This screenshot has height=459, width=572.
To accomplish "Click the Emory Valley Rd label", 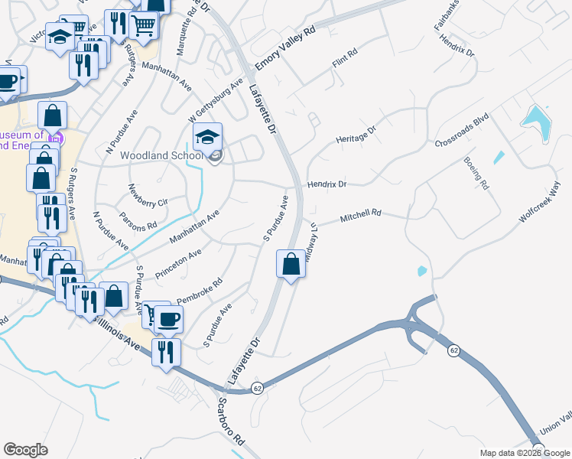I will (x=285, y=50).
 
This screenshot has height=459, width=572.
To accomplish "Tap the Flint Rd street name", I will (x=345, y=64).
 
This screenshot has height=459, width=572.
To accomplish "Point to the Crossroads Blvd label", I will (x=461, y=132).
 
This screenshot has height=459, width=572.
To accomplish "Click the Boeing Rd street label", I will (x=476, y=173).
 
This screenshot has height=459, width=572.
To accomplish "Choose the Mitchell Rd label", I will (x=360, y=217).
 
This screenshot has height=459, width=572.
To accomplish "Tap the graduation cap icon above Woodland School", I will (x=206, y=136).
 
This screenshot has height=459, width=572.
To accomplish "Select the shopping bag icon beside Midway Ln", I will (x=291, y=264).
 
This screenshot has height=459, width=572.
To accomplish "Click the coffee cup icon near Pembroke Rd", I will (x=168, y=318).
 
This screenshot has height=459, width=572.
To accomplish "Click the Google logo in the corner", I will (x=25, y=450).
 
